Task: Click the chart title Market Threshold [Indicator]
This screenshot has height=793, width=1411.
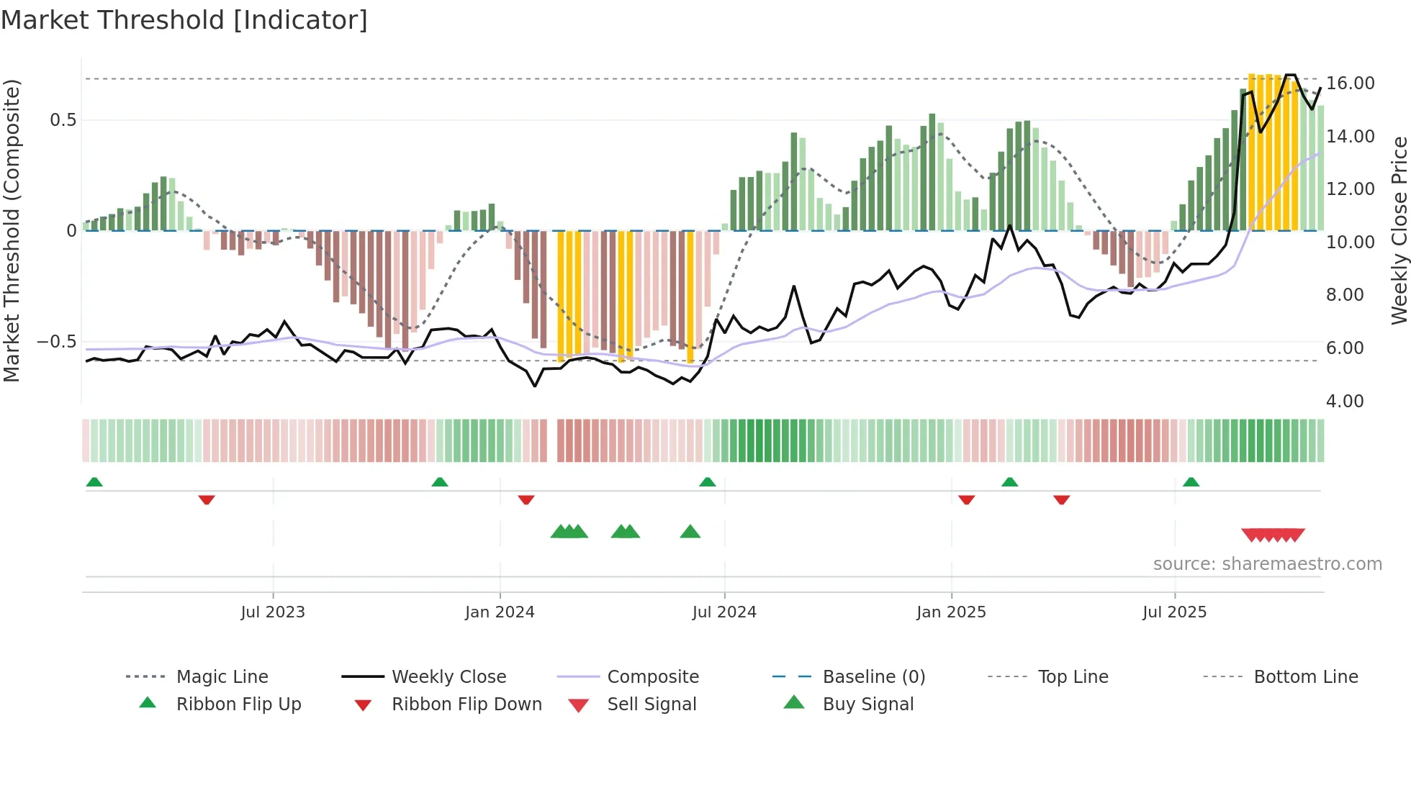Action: point(184,20)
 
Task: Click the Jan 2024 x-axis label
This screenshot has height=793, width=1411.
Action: point(500,612)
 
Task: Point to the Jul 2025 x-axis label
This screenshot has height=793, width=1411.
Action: point(1174,612)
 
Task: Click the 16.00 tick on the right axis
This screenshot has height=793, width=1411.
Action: point(1350,83)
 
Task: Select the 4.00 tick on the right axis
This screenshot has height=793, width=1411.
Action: point(1344,402)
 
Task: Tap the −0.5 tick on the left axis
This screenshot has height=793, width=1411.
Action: point(57,342)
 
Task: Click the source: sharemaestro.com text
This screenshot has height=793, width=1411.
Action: point(1267,564)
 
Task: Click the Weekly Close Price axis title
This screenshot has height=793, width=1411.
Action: point(1399,230)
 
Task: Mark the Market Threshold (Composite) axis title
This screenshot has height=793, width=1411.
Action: point(12,230)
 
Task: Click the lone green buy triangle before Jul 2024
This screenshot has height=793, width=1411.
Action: point(690,532)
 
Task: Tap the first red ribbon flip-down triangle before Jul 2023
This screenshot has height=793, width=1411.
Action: point(207,499)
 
